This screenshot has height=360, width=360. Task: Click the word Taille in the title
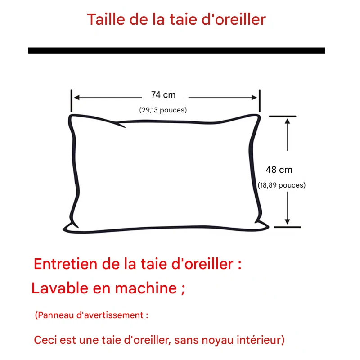[106, 19]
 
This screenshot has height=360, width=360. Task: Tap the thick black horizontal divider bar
[177, 50]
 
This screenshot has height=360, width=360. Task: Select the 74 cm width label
[163, 95]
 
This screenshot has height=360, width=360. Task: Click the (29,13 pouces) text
[163, 110]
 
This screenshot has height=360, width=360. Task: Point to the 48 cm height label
[279, 170]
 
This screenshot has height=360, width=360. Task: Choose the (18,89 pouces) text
[282, 185]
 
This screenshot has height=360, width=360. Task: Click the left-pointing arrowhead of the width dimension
[77, 98]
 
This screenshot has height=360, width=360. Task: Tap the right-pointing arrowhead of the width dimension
[254, 98]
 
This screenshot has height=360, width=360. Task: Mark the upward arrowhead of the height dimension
[287, 121]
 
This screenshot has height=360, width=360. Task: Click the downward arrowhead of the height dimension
[287, 221]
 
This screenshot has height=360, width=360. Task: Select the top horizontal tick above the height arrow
[283, 117]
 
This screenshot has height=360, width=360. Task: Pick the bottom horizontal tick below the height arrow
[287, 227]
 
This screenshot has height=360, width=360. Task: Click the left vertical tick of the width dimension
[72, 101]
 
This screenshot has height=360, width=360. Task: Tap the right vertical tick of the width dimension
[260, 101]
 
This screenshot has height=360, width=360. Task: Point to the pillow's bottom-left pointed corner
[64, 229]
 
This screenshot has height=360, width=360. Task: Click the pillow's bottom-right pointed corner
[268, 227]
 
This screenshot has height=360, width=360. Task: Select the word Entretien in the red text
[65, 264]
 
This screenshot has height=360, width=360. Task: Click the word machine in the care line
[146, 288]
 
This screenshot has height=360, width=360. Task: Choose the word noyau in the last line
[218, 340]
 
